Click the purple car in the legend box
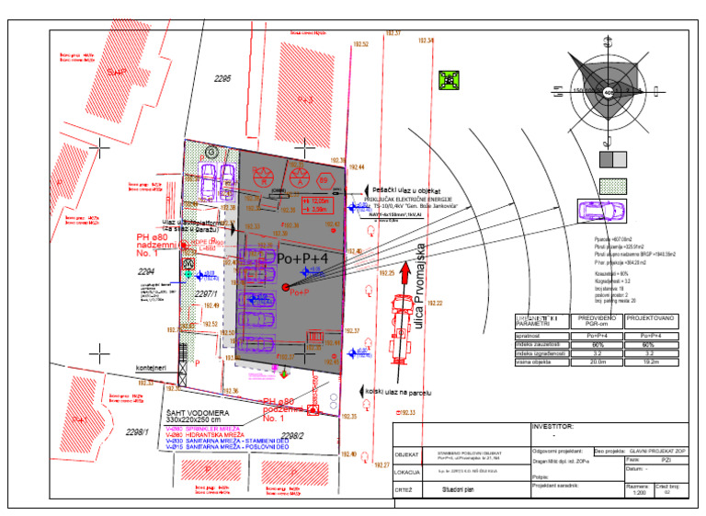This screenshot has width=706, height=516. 601,211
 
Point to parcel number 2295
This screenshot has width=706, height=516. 223,80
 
